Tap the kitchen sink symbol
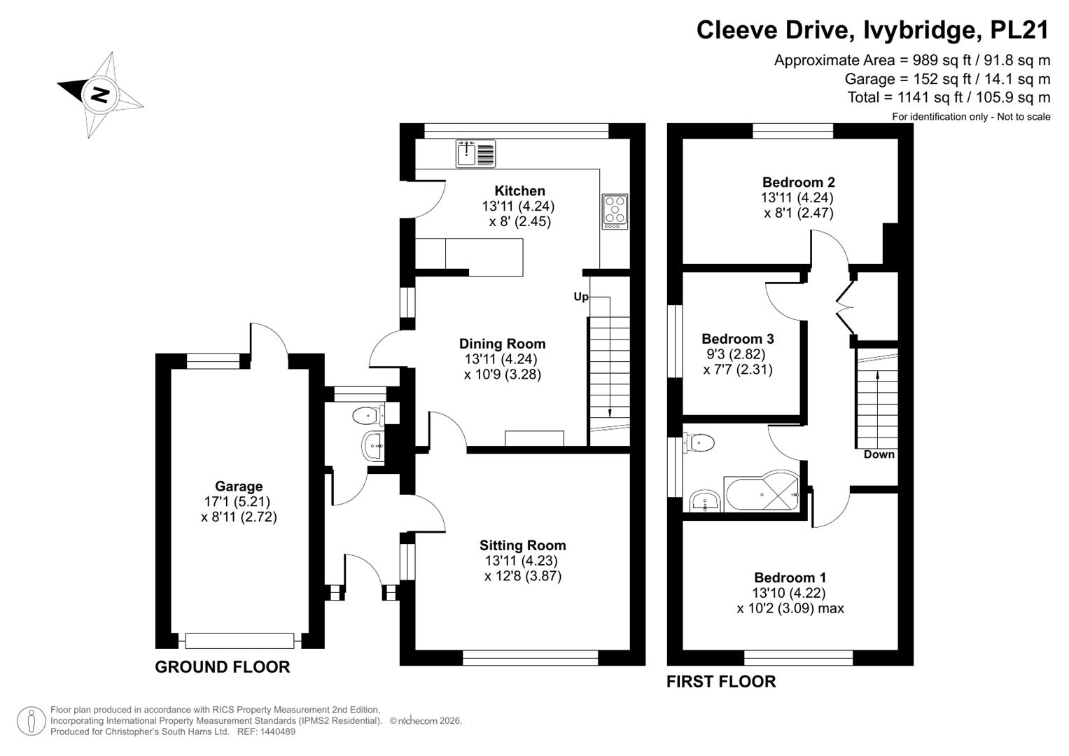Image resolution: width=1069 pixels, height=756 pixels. pyautogui.click(x=475, y=153)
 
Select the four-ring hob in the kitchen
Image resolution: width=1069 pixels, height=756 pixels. pyautogui.click(x=615, y=211)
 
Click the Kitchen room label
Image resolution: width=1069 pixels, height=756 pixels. pyautogui.click(x=519, y=191)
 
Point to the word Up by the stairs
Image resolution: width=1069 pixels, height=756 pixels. pyautogui.click(x=581, y=297)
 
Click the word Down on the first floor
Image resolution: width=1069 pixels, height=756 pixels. pyautogui.click(x=879, y=454)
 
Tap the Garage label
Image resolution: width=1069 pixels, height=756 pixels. pyautogui.click(x=239, y=486)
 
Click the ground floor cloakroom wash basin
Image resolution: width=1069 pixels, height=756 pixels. pyautogui.click(x=373, y=447)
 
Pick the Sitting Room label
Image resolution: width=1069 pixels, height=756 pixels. pyautogui.click(x=522, y=545)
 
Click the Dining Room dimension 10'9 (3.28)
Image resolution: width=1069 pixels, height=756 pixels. pyautogui.click(x=503, y=374)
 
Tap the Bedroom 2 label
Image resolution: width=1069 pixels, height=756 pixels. pyautogui.click(x=798, y=182)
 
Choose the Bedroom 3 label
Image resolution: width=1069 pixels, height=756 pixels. pyautogui.click(x=738, y=339)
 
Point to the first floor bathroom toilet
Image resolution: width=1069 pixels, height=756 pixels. pyautogui.click(x=699, y=442)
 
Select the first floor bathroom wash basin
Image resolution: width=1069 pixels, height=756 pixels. pyautogui.click(x=705, y=501)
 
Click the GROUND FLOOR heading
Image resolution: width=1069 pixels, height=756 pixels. pyautogui.click(x=223, y=666)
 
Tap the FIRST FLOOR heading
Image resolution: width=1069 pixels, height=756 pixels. pyautogui.click(x=721, y=682)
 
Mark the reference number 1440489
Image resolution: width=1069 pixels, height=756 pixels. pyautogui.click(x=278, y=731)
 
